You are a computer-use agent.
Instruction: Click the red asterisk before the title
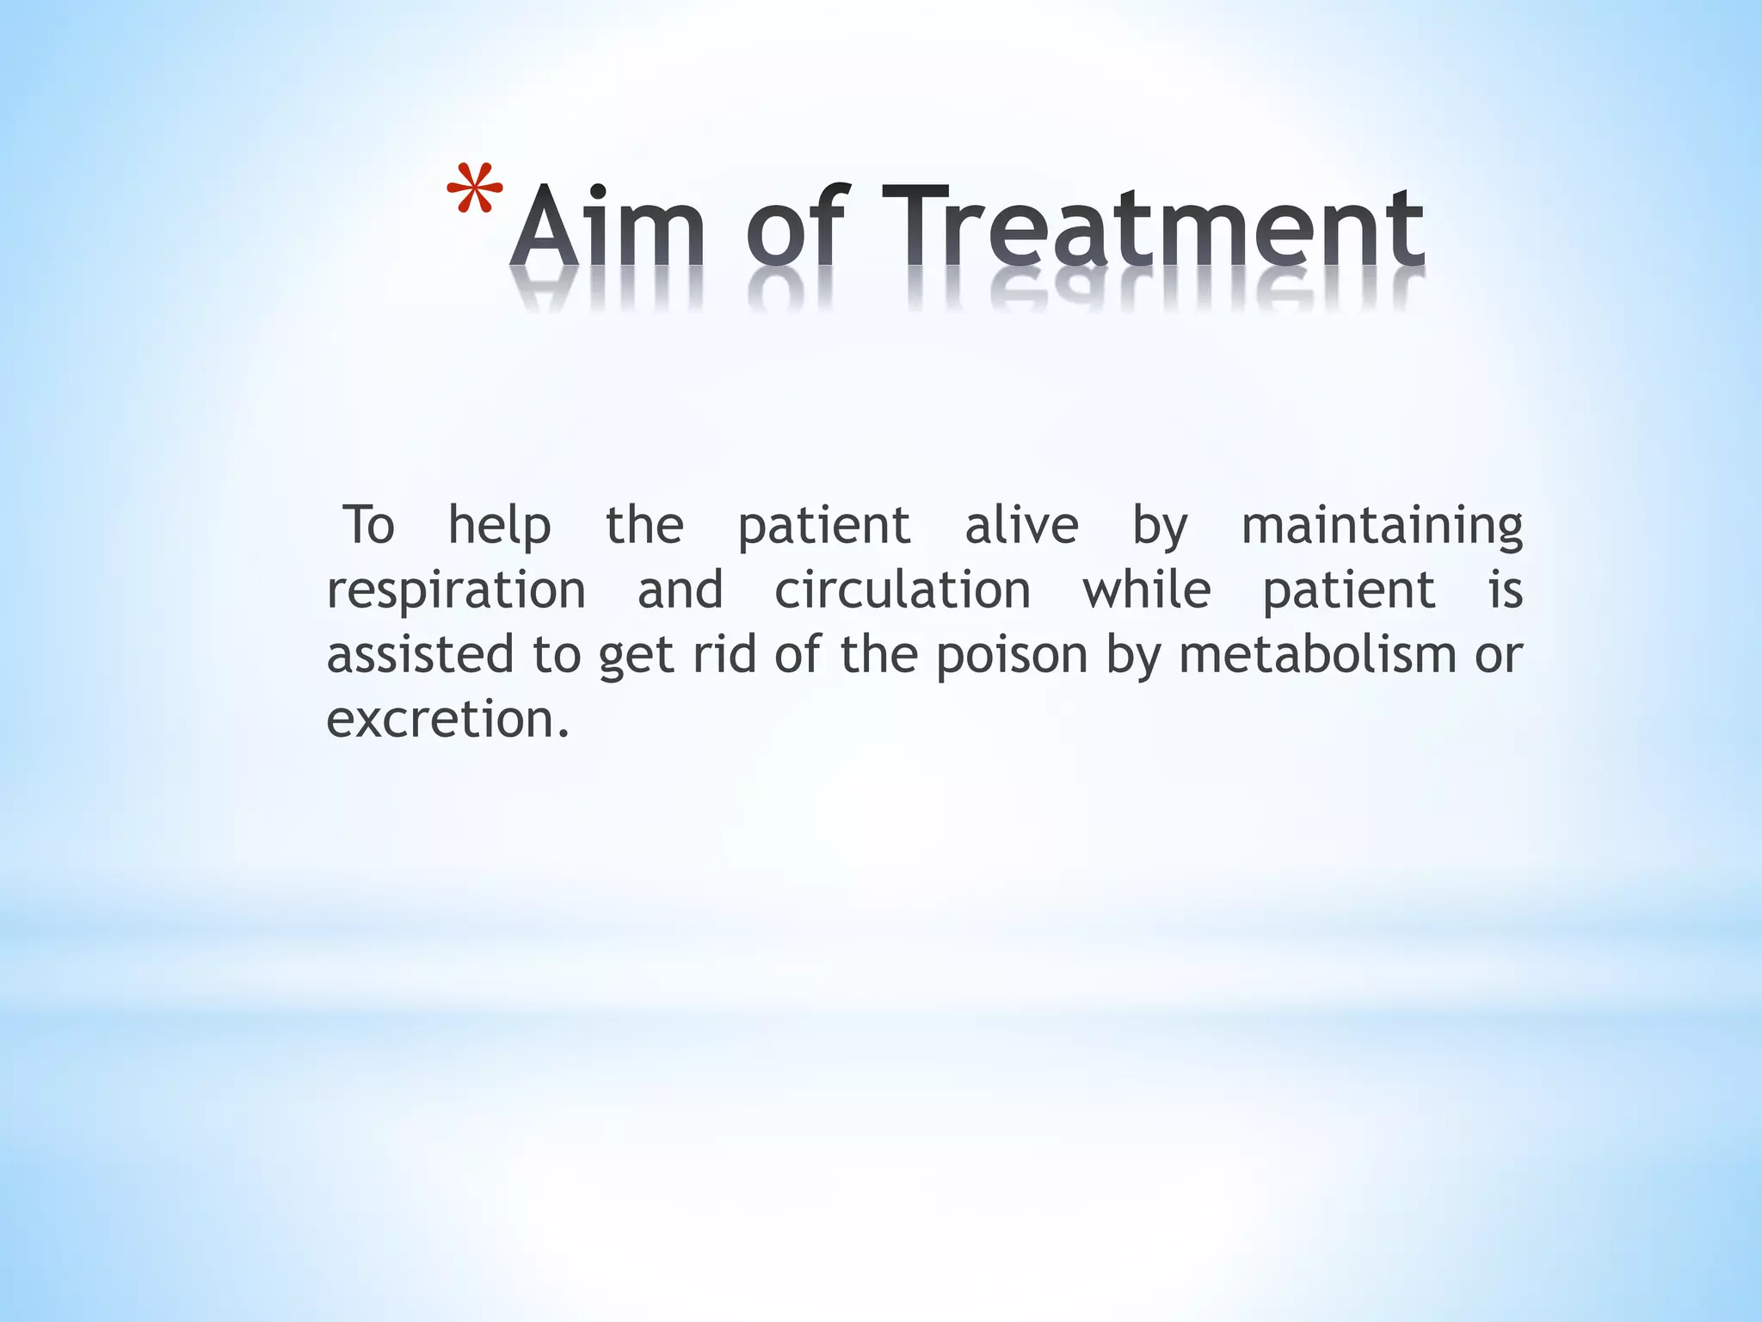[476, 188]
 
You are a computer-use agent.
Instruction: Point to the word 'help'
[499, 527]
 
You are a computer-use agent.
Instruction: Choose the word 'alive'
[1021, 525]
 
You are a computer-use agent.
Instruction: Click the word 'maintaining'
[1382, 527]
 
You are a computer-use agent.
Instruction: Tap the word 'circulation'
[903, 590]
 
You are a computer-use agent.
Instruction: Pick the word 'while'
[1146, 590]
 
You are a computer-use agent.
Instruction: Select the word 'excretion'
[447, 720]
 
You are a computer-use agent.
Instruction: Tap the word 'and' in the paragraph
[680, 590]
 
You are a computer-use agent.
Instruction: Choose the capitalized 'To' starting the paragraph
[368, 525]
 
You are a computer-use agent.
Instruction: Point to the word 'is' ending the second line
[1506, 590]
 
